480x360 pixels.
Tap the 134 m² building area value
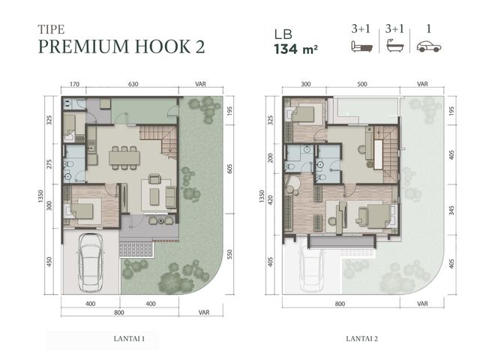pos(295,49)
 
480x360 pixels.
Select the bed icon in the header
pos(361,46)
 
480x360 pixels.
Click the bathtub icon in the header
pos(395,46)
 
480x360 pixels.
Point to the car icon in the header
pos(429,46)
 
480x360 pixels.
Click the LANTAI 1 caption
pos(129,338)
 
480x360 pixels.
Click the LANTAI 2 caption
pos(361,338)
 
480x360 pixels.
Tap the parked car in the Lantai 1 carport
pos(91,263)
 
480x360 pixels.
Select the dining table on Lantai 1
pos(124,158)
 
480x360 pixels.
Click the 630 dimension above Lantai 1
pos(133,84)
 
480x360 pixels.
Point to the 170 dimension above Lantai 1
pos(74,84)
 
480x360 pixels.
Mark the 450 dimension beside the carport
pos(49,262)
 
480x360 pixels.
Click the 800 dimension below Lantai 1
pos(119,312)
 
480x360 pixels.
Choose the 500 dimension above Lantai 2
pos(362,84)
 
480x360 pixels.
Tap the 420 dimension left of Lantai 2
pos(270,200)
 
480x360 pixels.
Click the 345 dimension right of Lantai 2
pos(451,210)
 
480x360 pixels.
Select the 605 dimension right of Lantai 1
pos(230,169)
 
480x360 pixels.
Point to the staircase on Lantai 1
pos(159,141)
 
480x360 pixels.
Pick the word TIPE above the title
pos(52,29)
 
